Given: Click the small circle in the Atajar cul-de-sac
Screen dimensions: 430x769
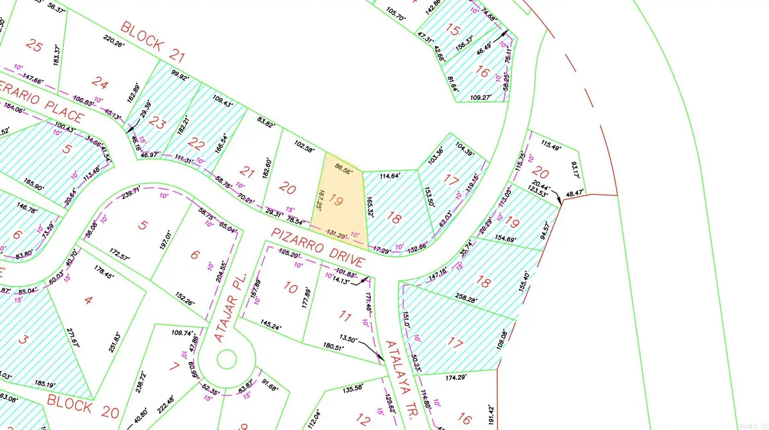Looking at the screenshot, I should (x=227, y=358).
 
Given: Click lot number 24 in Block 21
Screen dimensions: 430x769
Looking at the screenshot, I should (x=100, y=81).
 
